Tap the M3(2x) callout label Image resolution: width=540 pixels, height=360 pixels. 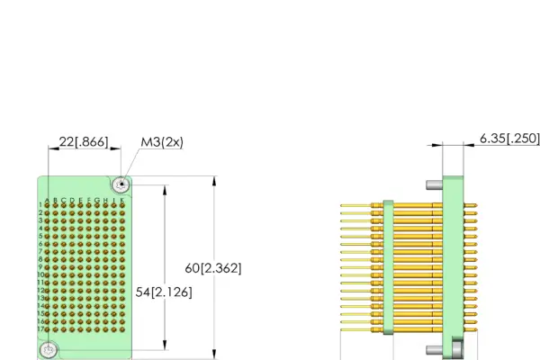(162, 141)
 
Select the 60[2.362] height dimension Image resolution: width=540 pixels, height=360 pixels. (212, 268)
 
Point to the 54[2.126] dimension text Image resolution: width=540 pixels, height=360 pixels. (163, 292)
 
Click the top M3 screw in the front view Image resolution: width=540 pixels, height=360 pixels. (121, 185)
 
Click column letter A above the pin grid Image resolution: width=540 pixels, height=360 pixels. (48, 200)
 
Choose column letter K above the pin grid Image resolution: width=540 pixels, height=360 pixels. (122, 200)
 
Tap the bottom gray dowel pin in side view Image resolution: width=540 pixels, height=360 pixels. (434, 349)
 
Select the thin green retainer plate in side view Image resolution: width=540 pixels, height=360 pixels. (387, 267)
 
